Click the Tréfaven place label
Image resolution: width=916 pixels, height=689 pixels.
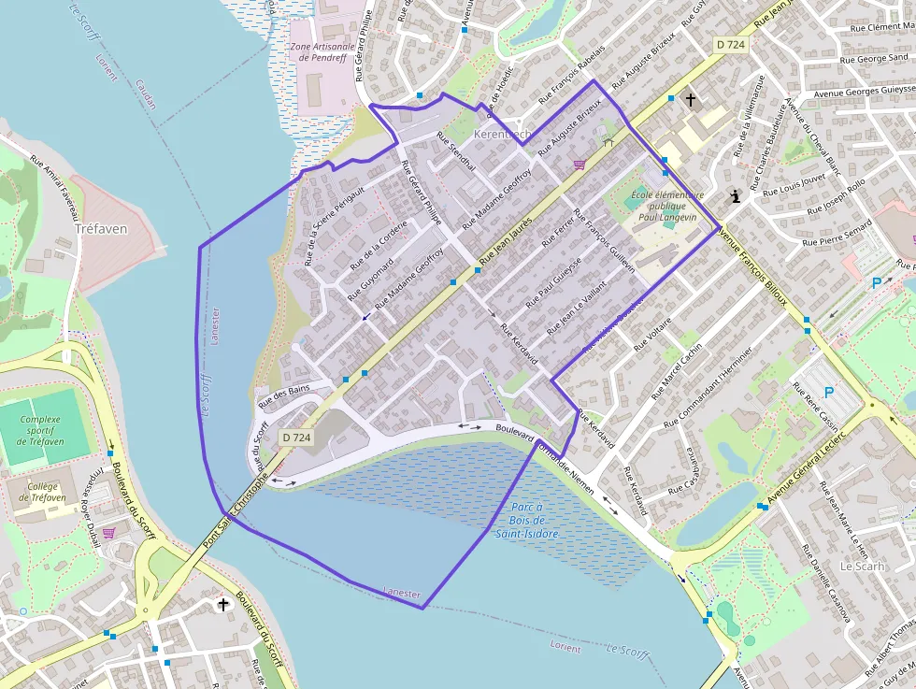(x=100, y=228)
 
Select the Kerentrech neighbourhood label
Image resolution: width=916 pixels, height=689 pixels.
(x=503, y=135)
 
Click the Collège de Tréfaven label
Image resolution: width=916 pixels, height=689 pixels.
(x=40, y=492)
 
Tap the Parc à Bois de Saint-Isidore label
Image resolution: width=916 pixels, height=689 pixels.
(x=527, y=521)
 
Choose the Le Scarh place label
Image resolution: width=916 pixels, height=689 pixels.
(x=862, y=567)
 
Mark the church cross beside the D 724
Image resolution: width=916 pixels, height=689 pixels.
(x=691, y=99)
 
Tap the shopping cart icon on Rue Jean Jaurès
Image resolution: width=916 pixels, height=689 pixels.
(x=580, y=165)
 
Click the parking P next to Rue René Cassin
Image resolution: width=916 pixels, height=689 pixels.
(x=828, y=394)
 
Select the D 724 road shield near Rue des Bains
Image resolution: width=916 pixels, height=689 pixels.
(x=296, y=437)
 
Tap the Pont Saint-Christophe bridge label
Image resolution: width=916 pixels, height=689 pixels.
(x=236, y=511)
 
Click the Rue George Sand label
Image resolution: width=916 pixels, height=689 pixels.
(x=874, y=59)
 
